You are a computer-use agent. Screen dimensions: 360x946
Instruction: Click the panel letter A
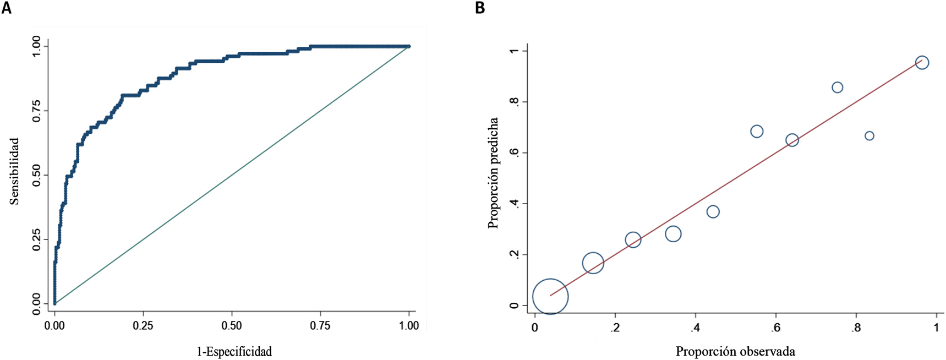click(6, 8)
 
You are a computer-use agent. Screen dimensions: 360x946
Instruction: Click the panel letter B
click(480, 8)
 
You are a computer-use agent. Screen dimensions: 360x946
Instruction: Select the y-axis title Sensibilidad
click(14, 171)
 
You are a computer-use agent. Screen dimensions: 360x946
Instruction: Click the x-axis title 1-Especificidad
click(234, 351)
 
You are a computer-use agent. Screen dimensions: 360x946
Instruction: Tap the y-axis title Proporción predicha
click(493, 173)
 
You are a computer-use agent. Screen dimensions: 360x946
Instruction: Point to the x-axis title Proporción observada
click(735, 351)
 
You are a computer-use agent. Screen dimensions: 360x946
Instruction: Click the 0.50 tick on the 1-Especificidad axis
click(232, 325)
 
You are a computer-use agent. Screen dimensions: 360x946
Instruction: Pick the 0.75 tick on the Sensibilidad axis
click(36, 111)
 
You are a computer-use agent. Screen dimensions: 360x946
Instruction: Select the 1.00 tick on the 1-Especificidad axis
click(408, 325)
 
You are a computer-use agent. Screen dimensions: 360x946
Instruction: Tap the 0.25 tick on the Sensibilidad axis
click(36, 239)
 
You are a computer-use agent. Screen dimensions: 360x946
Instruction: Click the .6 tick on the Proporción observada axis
click(775, 328)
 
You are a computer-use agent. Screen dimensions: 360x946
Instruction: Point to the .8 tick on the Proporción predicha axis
click(514, 102)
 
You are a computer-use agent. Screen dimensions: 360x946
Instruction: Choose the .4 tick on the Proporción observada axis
click(695, 328)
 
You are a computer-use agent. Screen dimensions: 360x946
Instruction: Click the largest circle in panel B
click(550, 296)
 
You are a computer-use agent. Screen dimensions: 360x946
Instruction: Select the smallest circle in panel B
click(870, 136)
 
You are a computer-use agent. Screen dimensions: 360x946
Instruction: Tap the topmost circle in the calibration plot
click(922, 63)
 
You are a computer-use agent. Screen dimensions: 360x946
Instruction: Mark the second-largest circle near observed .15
click(593, 263)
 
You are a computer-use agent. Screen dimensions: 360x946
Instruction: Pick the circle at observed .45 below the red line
click(713, 211)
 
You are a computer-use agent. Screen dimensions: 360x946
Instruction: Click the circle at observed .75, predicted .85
click(837, 88)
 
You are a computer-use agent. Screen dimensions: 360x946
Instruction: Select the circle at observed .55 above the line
click(757, 131)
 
